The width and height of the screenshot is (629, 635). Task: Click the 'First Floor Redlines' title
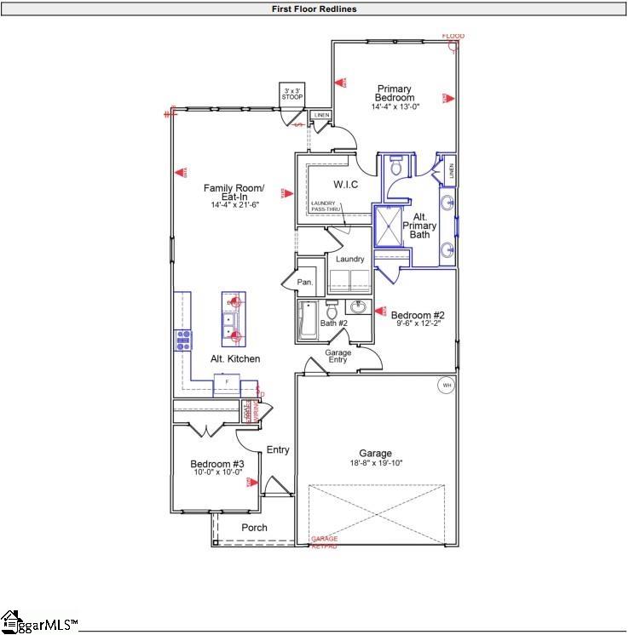pos(314,9)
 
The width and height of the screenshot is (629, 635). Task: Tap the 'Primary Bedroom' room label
pos(395,93)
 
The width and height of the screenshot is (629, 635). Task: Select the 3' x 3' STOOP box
pos(291,93)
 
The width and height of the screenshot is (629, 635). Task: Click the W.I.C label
pos(345,184)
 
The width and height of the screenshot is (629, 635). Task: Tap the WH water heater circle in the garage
pos(445,386)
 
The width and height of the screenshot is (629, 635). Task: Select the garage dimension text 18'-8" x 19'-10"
pos(375,464)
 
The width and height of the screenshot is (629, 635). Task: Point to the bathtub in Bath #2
pos(308,320)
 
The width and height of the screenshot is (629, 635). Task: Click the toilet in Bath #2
pos(332,312)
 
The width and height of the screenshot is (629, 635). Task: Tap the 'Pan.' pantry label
pos(305,282)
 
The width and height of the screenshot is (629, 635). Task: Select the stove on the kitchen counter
pos(182,340)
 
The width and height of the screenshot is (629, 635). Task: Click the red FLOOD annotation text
pos(453,36)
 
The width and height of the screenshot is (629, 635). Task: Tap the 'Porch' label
pos(254,528)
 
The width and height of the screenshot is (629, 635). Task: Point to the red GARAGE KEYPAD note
pos(324,542)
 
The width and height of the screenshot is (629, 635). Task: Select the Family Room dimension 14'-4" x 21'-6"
pos(234,205)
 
